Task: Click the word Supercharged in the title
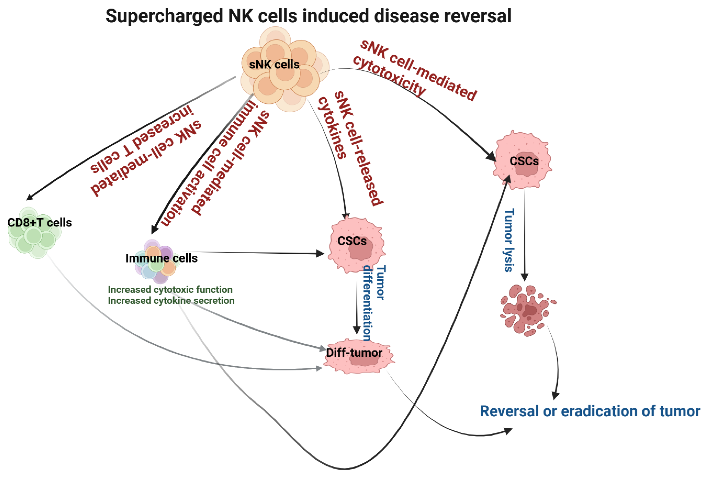[164, 16]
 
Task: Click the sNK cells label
[274, 64]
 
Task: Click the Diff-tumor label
[354, 353]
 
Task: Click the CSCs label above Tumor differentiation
[352, 241]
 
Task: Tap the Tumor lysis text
[509, 240]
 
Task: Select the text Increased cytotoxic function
[170, 289]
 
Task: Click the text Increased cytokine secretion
[171, 301]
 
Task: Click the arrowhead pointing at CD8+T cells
[29, 197]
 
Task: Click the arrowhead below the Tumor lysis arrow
[524, 277]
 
